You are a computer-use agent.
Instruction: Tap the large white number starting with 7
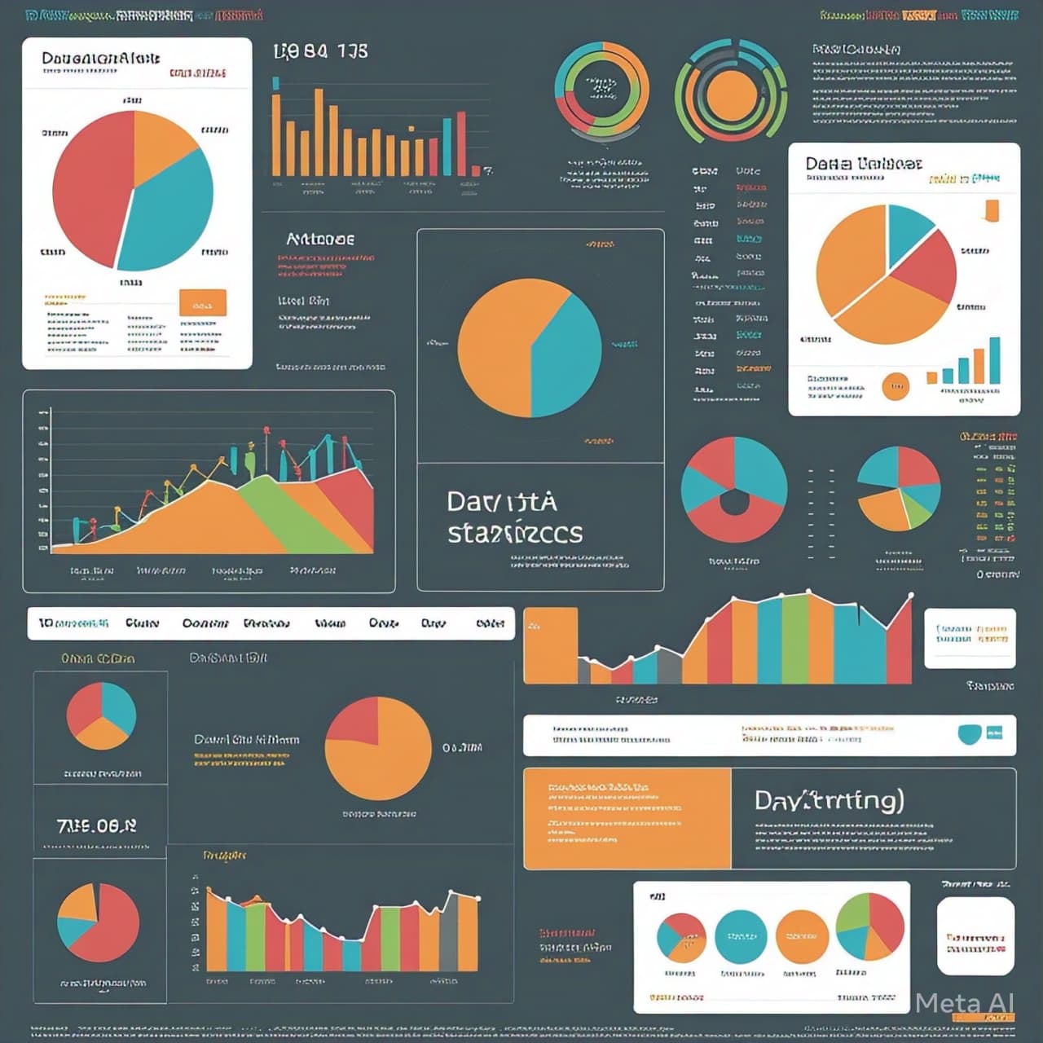(96, 825)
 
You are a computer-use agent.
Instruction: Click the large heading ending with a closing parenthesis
(829, 800)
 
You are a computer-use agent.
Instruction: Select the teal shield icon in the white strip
(969, 734)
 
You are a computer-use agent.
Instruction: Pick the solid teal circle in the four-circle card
(741, 937)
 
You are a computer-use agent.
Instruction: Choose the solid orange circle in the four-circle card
(802, 937)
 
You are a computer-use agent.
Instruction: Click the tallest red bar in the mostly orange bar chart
(461, 143)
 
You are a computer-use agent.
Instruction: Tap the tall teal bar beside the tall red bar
(447, 147)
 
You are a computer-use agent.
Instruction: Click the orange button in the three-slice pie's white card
(202, 303)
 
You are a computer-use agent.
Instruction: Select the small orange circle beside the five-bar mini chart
(895, 386)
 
